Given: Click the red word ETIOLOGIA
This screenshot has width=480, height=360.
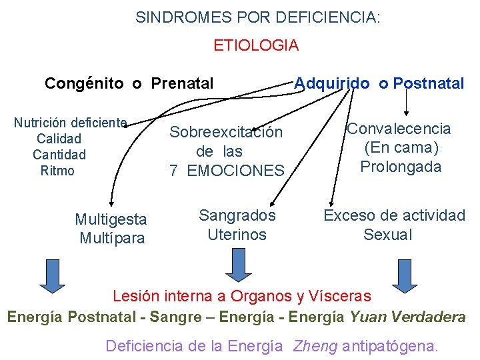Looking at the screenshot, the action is point(256,45).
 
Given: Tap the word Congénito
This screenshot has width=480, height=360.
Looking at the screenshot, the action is point(84,83).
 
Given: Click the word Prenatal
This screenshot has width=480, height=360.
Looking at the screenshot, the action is point(183,83).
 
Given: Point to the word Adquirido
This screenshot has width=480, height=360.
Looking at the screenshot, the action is point(332,83).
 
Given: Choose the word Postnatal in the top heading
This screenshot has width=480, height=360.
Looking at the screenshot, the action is point(429,83).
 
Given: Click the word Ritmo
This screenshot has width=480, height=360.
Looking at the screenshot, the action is point(57,171).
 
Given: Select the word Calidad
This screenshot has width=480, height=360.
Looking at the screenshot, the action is point(59,139).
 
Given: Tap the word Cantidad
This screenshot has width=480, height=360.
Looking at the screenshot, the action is point(59,155).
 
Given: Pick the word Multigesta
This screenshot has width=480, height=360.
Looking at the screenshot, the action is point(111,219).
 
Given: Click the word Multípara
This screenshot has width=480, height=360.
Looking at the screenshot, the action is point(112,238).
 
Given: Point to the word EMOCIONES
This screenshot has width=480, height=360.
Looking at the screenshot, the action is point(236,171).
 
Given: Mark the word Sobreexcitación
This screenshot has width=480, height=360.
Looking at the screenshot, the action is point(226,132).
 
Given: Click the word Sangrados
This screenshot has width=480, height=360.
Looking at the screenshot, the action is point(237,215).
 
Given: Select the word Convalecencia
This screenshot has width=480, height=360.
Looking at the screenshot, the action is point(399,129).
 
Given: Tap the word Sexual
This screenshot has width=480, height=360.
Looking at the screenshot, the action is point(388,235).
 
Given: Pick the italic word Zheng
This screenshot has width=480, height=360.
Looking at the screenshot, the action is point(315,346).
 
